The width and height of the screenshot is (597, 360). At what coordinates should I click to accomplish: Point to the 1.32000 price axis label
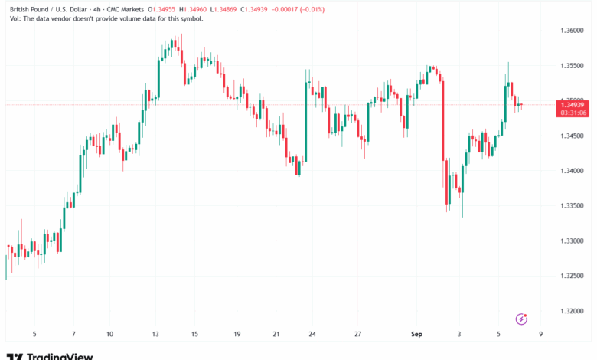571,311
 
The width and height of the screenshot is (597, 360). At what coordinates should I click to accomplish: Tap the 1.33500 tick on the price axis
571,206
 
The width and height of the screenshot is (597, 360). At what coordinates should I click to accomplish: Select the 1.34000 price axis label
571,171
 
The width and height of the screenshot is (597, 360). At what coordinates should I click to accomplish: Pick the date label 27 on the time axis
357,334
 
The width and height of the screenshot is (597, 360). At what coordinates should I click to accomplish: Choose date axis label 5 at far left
34,334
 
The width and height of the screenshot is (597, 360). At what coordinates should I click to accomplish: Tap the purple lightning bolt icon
522,318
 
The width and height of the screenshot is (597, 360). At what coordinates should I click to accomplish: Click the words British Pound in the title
27,8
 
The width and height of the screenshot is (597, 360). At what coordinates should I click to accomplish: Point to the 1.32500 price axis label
571,276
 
